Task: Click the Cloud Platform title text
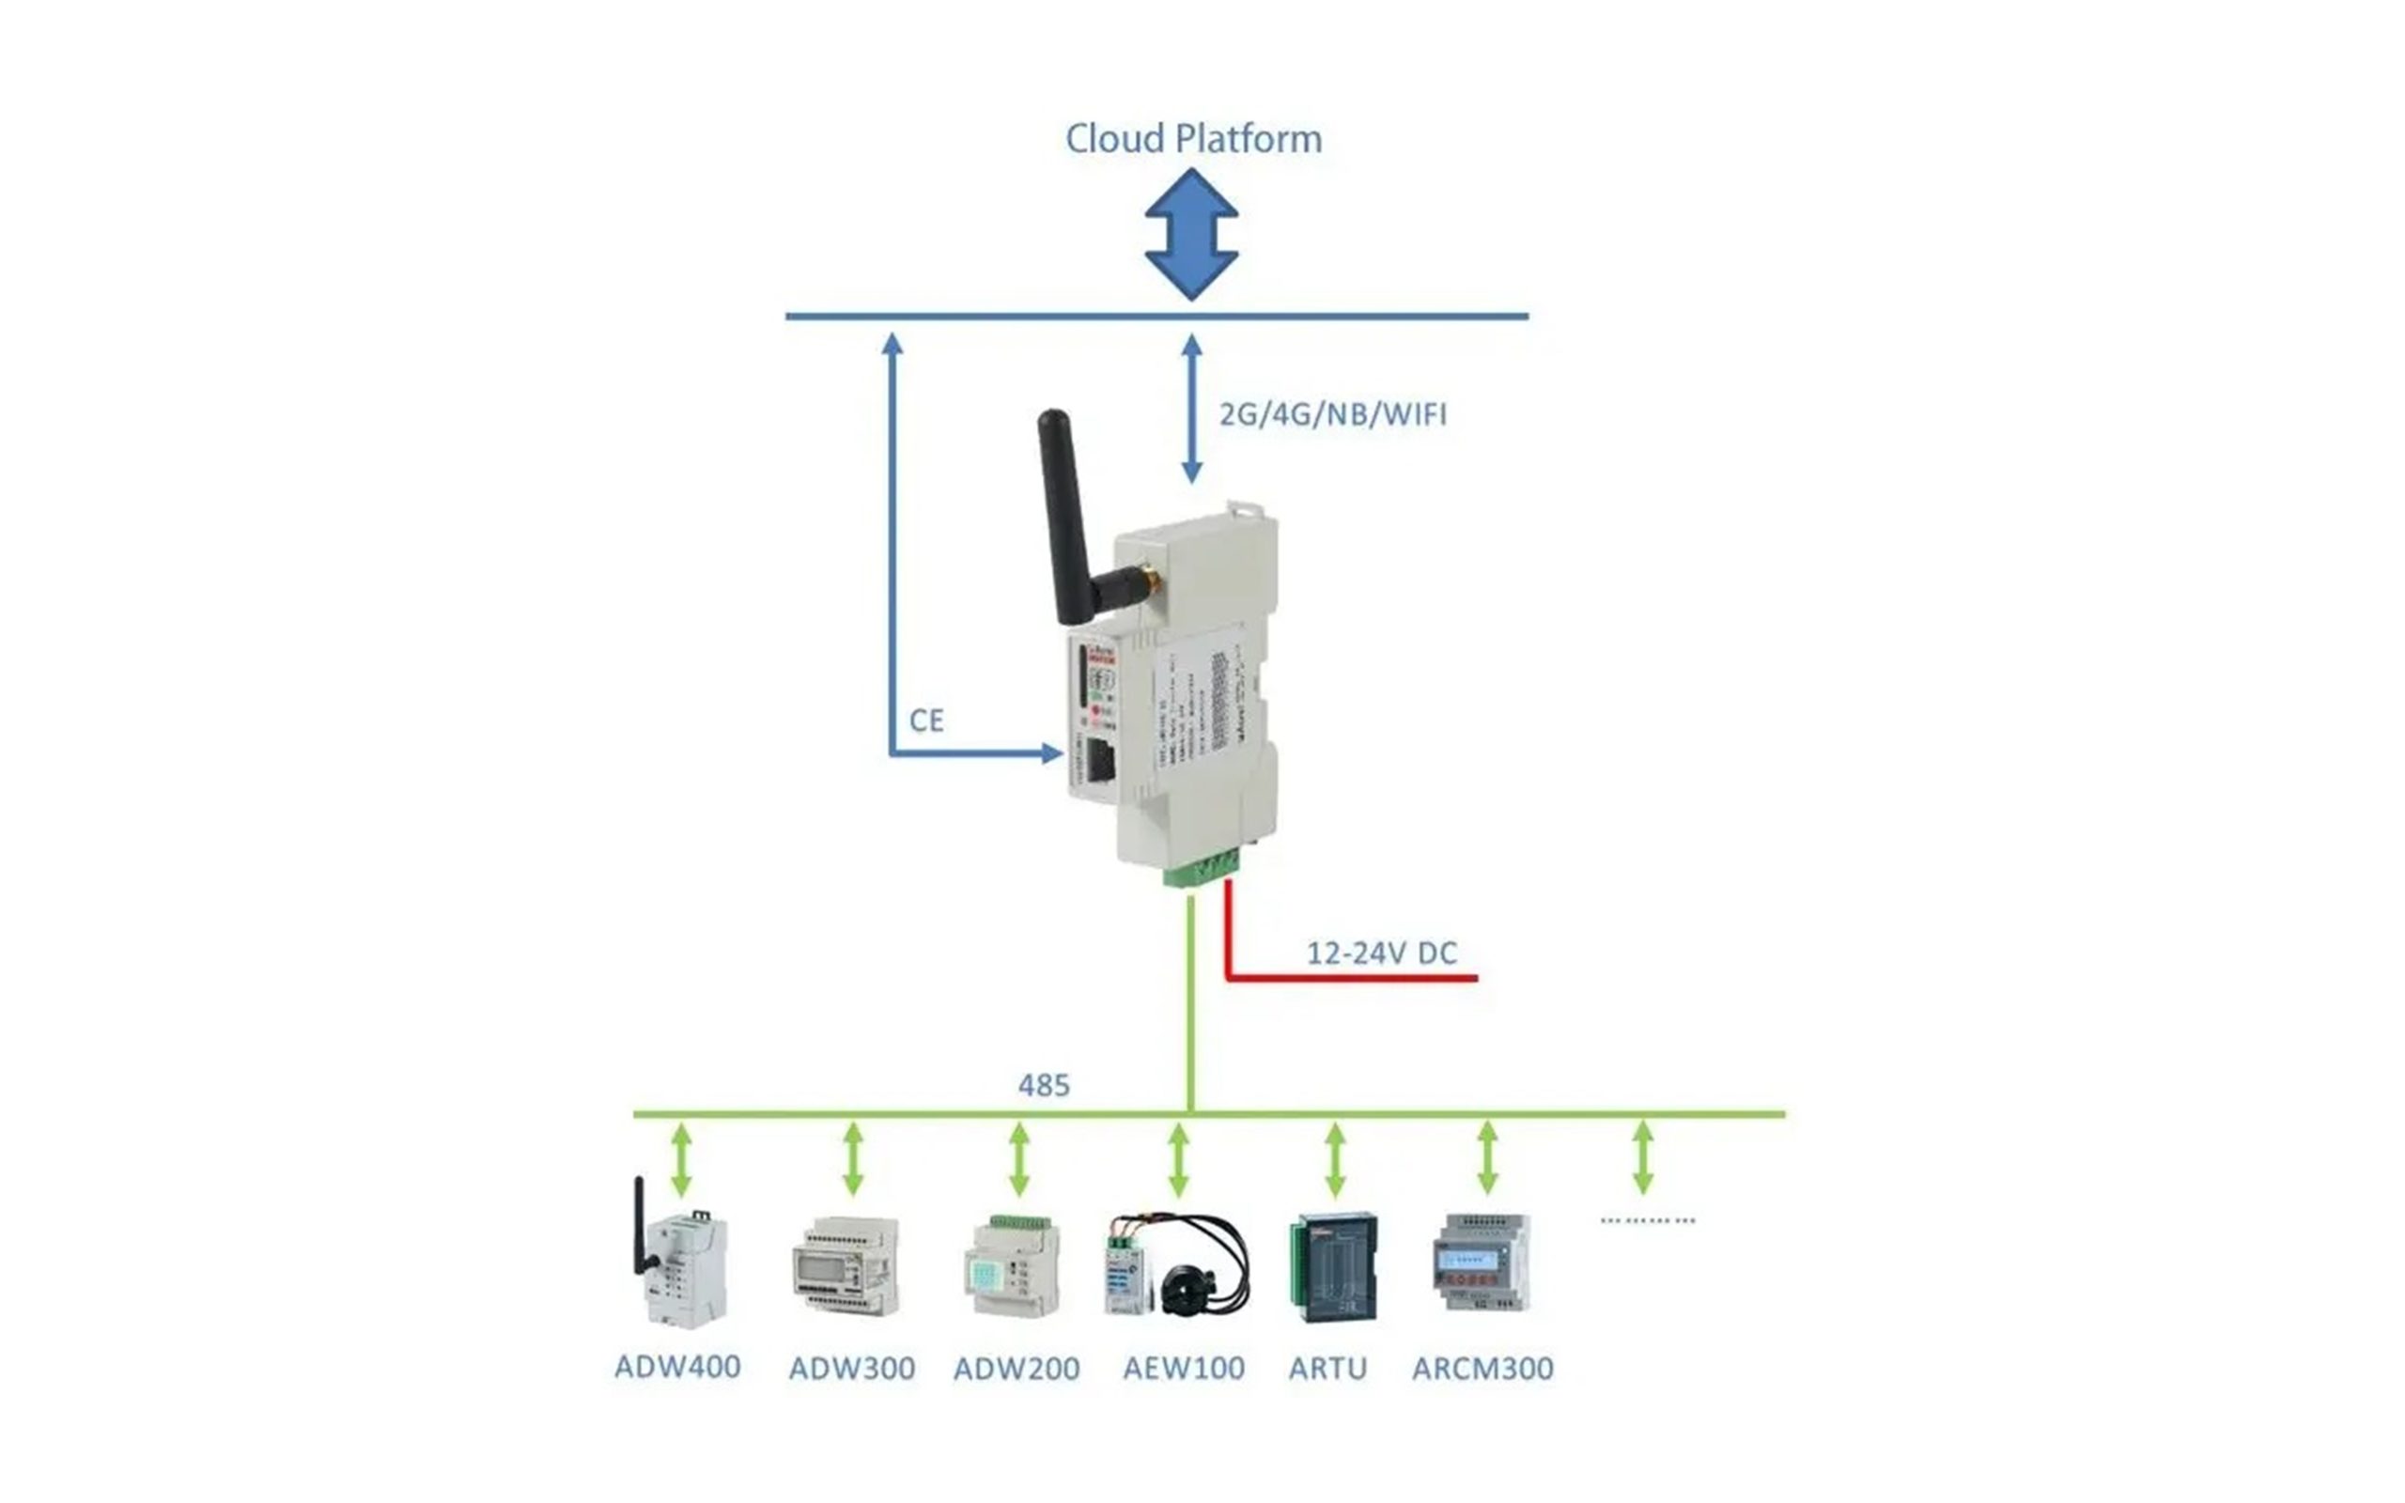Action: pos(1193,139)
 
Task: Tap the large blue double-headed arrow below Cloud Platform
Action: pos(1191,235)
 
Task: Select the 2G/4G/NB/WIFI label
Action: pos(1333,414)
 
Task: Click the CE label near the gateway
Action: pos(926,721)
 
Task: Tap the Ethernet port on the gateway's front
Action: pos(1099,762)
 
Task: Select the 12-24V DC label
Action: pos(1381,953)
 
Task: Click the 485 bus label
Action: pos(1044,1086)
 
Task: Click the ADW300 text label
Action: pos(852,1369)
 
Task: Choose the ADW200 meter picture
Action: pos(1012,1267)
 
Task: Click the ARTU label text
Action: pos(1327,1369)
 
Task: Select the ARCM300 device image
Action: pos(1481,1264)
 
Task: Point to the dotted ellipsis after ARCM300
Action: pos(1647,1219)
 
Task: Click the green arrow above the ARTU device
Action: pos(1335,1159)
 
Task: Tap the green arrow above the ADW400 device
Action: pos(681,1159)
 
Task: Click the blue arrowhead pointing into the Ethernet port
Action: pos(1051,753)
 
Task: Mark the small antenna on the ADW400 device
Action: pos(640,1225)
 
